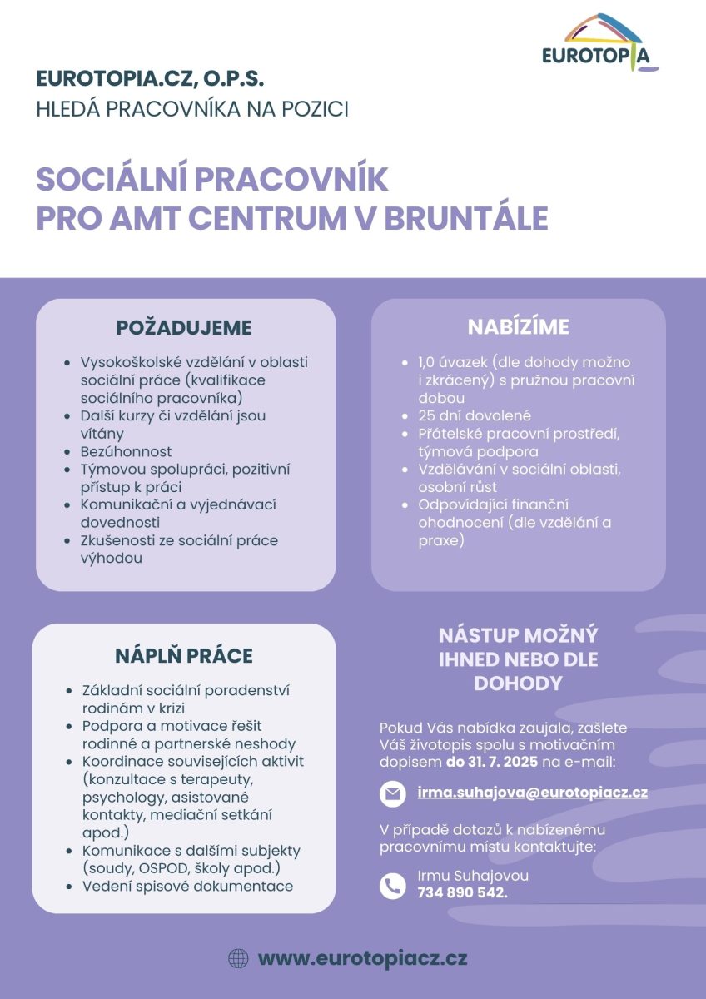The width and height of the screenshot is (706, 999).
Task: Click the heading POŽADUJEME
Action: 184,327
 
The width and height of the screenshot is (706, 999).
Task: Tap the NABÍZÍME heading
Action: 518,327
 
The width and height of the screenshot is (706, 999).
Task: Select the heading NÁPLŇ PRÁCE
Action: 184,655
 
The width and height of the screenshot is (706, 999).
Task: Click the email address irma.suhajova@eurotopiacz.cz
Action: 533,793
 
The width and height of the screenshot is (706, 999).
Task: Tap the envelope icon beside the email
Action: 392,793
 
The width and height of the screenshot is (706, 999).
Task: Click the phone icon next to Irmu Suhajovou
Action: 392,885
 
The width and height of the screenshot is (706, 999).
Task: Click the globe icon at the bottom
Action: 238,958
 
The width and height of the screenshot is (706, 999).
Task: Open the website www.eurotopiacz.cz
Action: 362,958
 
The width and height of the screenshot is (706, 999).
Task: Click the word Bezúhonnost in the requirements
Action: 126,451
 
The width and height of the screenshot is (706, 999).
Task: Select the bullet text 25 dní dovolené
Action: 475,415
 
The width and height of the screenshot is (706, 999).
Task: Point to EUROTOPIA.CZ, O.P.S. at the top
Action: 150,79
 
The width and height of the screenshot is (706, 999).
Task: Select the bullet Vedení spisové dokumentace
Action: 187,886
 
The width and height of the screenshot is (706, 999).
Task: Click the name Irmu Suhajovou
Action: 473,876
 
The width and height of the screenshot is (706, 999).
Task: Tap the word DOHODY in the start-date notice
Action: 518,683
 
